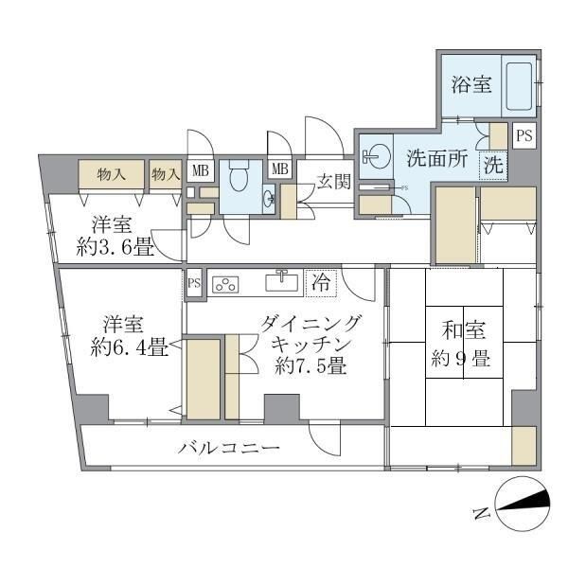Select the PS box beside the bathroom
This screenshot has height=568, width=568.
pos(524,135)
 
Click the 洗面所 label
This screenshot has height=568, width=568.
pos(436,159)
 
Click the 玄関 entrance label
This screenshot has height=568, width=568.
pos(333,181)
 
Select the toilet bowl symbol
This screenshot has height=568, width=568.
pos(238,173)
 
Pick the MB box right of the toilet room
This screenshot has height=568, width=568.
pos(280,169)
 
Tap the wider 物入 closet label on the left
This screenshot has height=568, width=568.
pos(112,174)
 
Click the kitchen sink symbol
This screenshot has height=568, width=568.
pos(281,282)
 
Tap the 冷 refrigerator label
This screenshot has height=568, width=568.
pos(322,281)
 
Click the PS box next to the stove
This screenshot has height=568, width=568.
pos(194,282)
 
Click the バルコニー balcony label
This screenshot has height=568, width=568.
pos(229,448)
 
